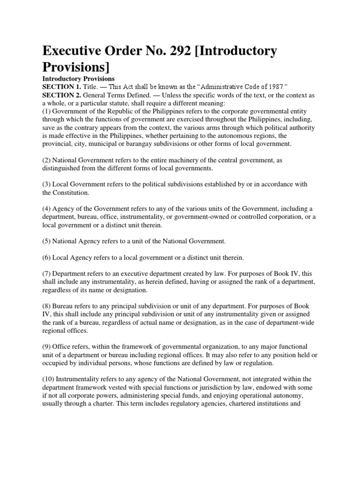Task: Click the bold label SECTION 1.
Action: (x=61, y=87)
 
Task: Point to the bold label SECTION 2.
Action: (x=61, y=95)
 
